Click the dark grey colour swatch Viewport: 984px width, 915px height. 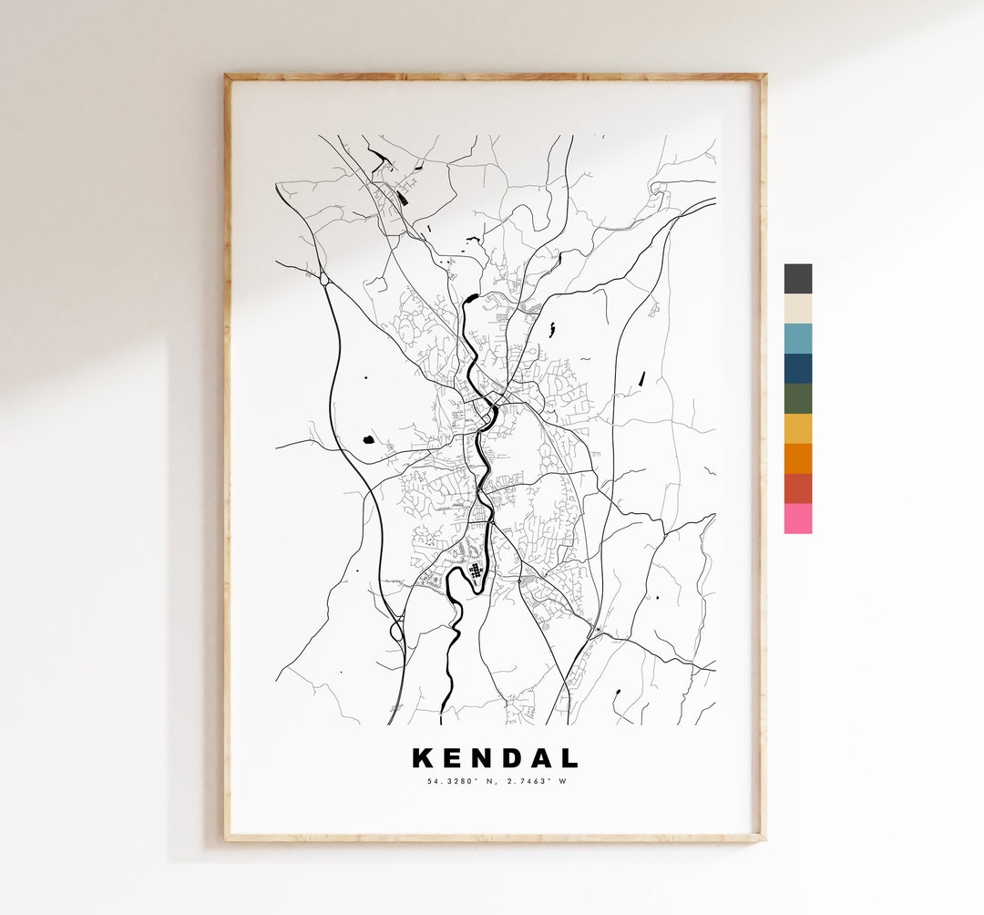(x=797, y=279)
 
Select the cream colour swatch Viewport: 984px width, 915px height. (x=797, y=309)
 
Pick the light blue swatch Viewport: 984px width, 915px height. (x=797, y=339)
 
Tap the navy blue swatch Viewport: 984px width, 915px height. (x=797, y=369)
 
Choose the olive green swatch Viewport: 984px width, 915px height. (x=797, y=399)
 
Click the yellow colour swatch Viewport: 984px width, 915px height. (x=797, y=429)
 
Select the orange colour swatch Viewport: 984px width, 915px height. (x=797, y=459)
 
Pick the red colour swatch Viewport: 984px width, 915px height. (x=797, y=489)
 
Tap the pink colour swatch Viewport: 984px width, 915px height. (x=797, y=519)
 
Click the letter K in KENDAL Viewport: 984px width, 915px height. (x=423, y=758)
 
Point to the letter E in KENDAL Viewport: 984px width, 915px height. (x=453, y=758)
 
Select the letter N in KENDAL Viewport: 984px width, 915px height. (x=483, y=758)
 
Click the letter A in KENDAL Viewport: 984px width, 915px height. (x=543, y=758)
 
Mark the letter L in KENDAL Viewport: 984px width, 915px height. (x=570, y=758)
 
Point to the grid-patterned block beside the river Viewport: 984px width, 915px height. (x=475, y=571)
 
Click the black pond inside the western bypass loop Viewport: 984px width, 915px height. (x=369, y=439)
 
